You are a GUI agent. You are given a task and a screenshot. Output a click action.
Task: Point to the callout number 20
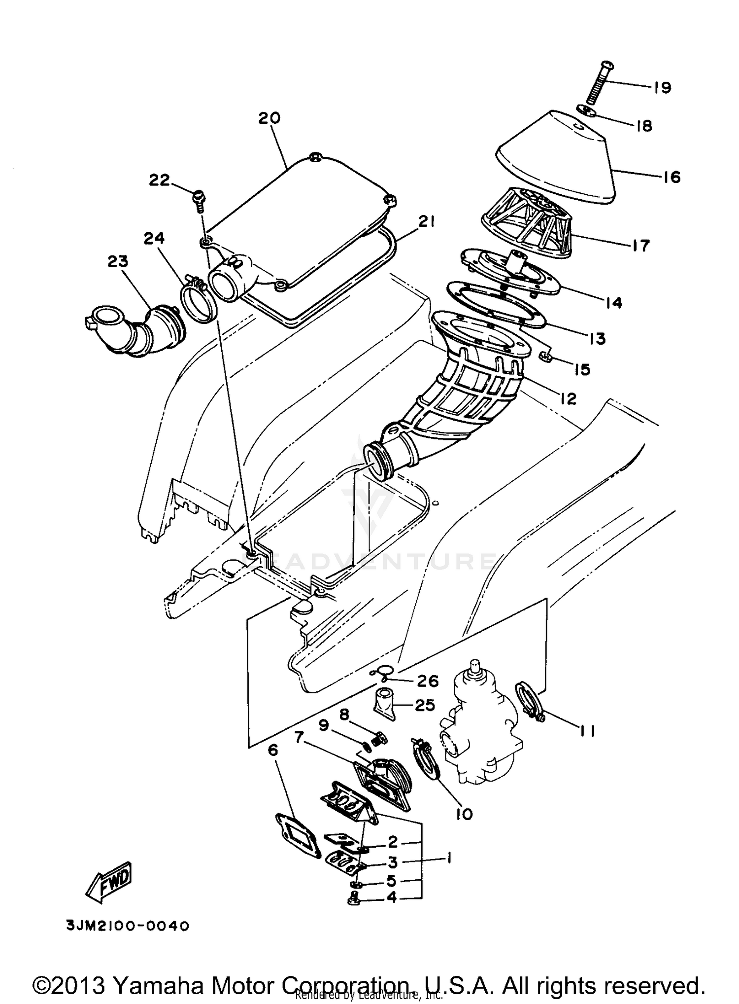(269, 118)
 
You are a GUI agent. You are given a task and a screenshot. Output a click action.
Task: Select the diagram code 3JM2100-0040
(128, 926)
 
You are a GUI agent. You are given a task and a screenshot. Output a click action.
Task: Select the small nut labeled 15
(546, 357)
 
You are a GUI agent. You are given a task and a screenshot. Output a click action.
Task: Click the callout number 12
(568, 398)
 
